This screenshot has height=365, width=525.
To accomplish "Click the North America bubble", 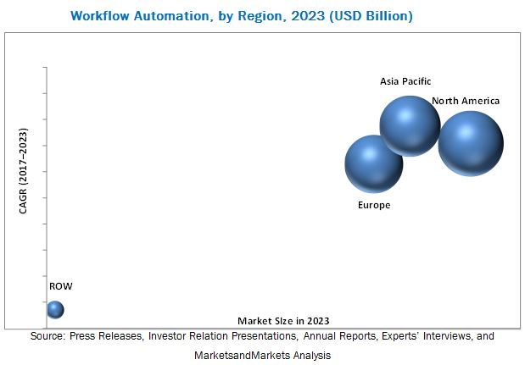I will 471,143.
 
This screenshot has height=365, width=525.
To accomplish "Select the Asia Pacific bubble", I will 410,125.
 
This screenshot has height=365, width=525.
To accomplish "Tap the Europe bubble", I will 373,163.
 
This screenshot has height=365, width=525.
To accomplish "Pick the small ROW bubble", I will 55,310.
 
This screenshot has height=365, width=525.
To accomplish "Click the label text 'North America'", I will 466,101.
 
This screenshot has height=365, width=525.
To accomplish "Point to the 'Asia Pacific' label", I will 405,81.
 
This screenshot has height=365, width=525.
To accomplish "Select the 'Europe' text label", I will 374,205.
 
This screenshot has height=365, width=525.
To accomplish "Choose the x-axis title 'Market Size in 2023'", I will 283,320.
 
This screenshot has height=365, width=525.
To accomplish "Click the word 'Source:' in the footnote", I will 48,336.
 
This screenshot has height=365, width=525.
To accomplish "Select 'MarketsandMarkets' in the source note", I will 237,356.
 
